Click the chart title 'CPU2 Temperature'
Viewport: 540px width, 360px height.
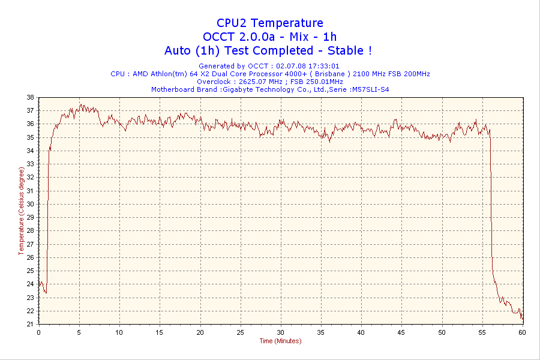pyautogui.click(x=270, y=23)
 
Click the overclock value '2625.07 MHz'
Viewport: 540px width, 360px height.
pyautogui.click(x=260, y=82)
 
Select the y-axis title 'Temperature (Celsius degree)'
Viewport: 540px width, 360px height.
pyautogui.click(x=22, y=211)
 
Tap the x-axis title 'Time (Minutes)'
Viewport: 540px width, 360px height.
pyautogui.click(x=280, y=341)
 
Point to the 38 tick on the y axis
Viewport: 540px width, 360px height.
pyautogui.click(x=30, y=97)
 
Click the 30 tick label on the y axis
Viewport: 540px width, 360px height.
pyautogui.click(x=30, y=204)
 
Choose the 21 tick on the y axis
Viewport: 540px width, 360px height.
pyautogui.click(x=30, y=324)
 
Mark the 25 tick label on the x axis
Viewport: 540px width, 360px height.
pyautogui.click(x=240, y=332)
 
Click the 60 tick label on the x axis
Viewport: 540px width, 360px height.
pyautogui.click(x=522, y=332)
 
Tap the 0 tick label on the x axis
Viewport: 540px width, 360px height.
pyautogui.click(x=39, y=332)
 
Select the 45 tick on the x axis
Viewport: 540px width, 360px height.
pyautogui.click(x=401, y=332)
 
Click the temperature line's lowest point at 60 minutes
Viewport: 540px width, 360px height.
pyautogui.click(x=522, y=319)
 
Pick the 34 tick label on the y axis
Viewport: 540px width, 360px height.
pyautogui.click(x=30, y=151)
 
